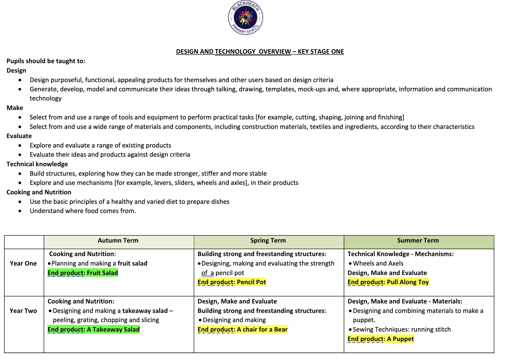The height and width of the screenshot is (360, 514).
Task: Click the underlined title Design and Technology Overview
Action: (x=260, y=52)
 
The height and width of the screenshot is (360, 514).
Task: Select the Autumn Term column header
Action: (x=118, y=241)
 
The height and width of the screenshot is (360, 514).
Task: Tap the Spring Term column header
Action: (x=268, y=241)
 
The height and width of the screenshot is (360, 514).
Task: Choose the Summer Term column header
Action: (x=418, y=241)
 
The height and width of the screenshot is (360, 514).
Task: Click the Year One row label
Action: (x=23, y=264)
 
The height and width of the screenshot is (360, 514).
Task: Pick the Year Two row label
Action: (x=23, y=311)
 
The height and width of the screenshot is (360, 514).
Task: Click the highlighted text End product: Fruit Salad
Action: (x=83, y=273)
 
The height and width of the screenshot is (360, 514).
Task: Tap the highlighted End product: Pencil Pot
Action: (x=232, y=282)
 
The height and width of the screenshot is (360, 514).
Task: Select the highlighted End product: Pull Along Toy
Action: (x=388, y=282)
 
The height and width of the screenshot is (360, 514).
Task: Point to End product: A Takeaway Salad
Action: (x=94, y=330)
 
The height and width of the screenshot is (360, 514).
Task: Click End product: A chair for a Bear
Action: (x=242, y=330)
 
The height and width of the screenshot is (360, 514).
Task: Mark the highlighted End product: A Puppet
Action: (x=380, y=339)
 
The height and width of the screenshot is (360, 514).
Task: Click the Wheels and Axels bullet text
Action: (x=378, y=264)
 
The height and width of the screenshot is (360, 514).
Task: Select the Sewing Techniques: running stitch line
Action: (x=401, y=330)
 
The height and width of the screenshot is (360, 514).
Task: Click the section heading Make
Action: (x=15, y=108)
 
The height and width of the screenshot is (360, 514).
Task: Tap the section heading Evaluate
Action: (x=19, y=136)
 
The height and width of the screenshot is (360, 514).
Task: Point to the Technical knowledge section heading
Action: (x=37, y=164)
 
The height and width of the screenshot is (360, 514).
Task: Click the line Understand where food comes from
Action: (x=83, y=211)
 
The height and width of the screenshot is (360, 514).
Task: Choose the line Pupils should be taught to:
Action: (x=46, y=61)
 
